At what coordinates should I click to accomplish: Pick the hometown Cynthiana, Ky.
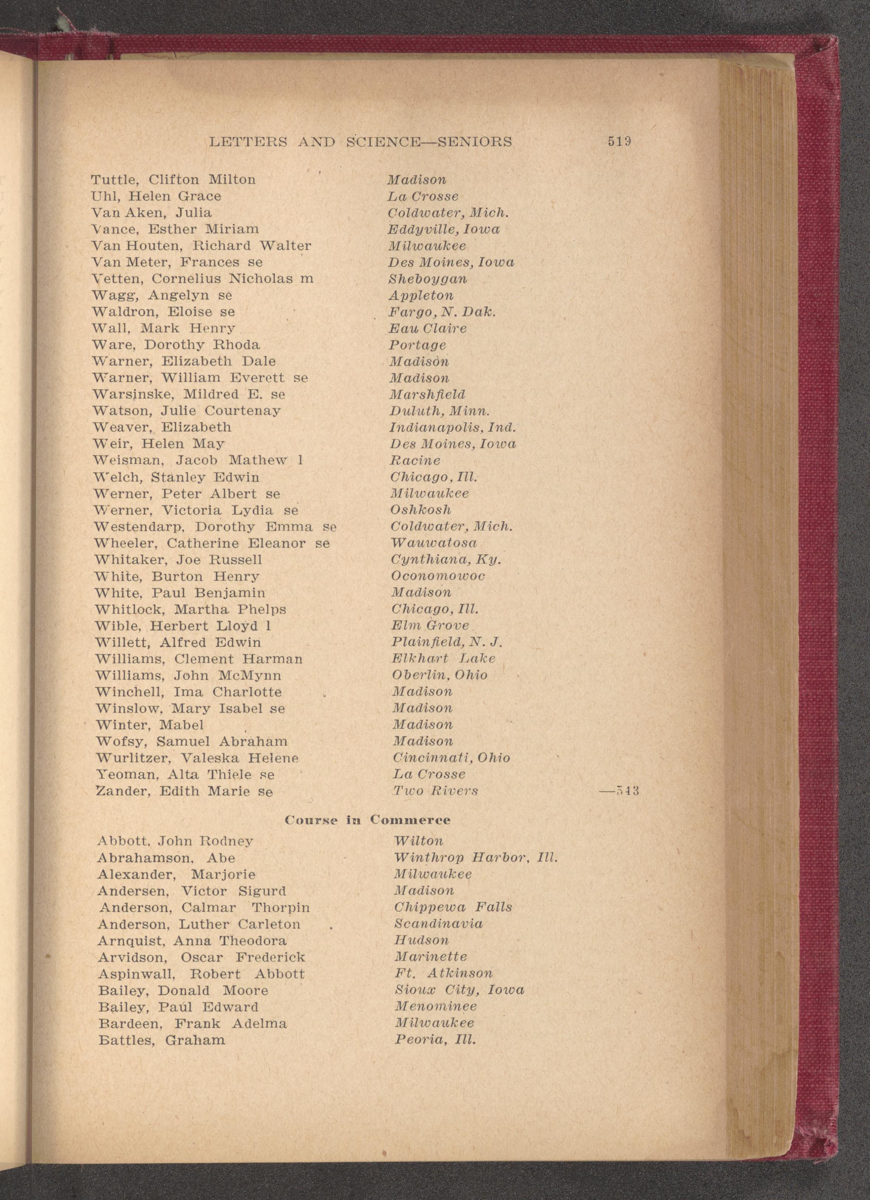click(446, 560)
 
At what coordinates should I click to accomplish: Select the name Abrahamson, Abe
click(166, 858)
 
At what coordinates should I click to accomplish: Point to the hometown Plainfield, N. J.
click(446, 642)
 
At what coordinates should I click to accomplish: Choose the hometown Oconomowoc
click(438, 576)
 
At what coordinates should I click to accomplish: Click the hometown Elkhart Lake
click(443, 659)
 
